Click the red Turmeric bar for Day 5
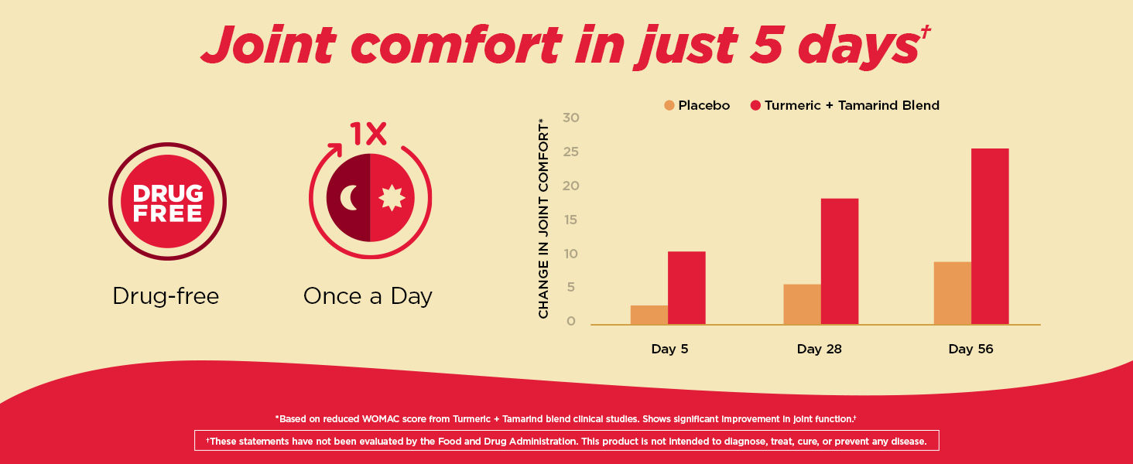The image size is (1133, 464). click(x=686, y=288)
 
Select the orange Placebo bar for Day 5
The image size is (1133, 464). click(x=649, y=315)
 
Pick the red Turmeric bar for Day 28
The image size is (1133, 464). click(x=839, y=261)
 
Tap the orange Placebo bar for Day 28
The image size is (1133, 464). click(x=802, y=304)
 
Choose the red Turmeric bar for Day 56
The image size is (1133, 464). click(x=990, y=236)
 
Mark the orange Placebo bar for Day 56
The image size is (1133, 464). click(x=952, y=293)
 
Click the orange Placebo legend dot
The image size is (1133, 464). click(x=669, y=105)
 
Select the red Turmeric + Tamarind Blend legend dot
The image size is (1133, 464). click(x=755, y=105)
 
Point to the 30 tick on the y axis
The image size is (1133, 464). click(x=572, y=118)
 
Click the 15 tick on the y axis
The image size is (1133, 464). click(x=572, y=220)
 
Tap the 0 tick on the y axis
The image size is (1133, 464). click(x=572, y=321)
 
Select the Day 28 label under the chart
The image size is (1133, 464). click(x=819, y=349)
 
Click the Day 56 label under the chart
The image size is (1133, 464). click(x=970, y=349)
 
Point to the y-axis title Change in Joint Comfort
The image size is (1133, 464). click(x=543, y=219)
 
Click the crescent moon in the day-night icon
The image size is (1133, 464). click(x=349, y=198)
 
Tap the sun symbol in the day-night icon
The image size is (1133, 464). click(x=392, y=199)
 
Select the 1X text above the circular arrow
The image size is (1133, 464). click(x=368, y=134)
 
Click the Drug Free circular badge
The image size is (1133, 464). click(x=167, y=203)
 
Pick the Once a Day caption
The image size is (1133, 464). click(x=368, y=296)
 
